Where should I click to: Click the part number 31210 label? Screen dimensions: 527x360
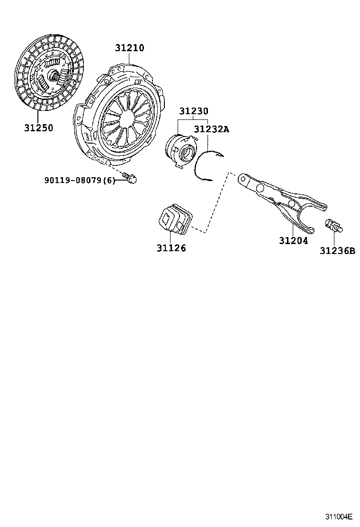129,48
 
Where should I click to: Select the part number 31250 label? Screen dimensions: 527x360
39,127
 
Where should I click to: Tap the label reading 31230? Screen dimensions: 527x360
193,111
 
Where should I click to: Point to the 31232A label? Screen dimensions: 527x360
211,128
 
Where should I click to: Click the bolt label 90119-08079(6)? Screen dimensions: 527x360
80,180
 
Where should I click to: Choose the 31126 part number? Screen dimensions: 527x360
171,248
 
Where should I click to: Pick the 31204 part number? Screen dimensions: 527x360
293,241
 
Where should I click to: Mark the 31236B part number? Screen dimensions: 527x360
337,251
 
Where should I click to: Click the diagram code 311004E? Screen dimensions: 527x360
339,517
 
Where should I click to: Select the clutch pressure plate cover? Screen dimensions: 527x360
121,114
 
